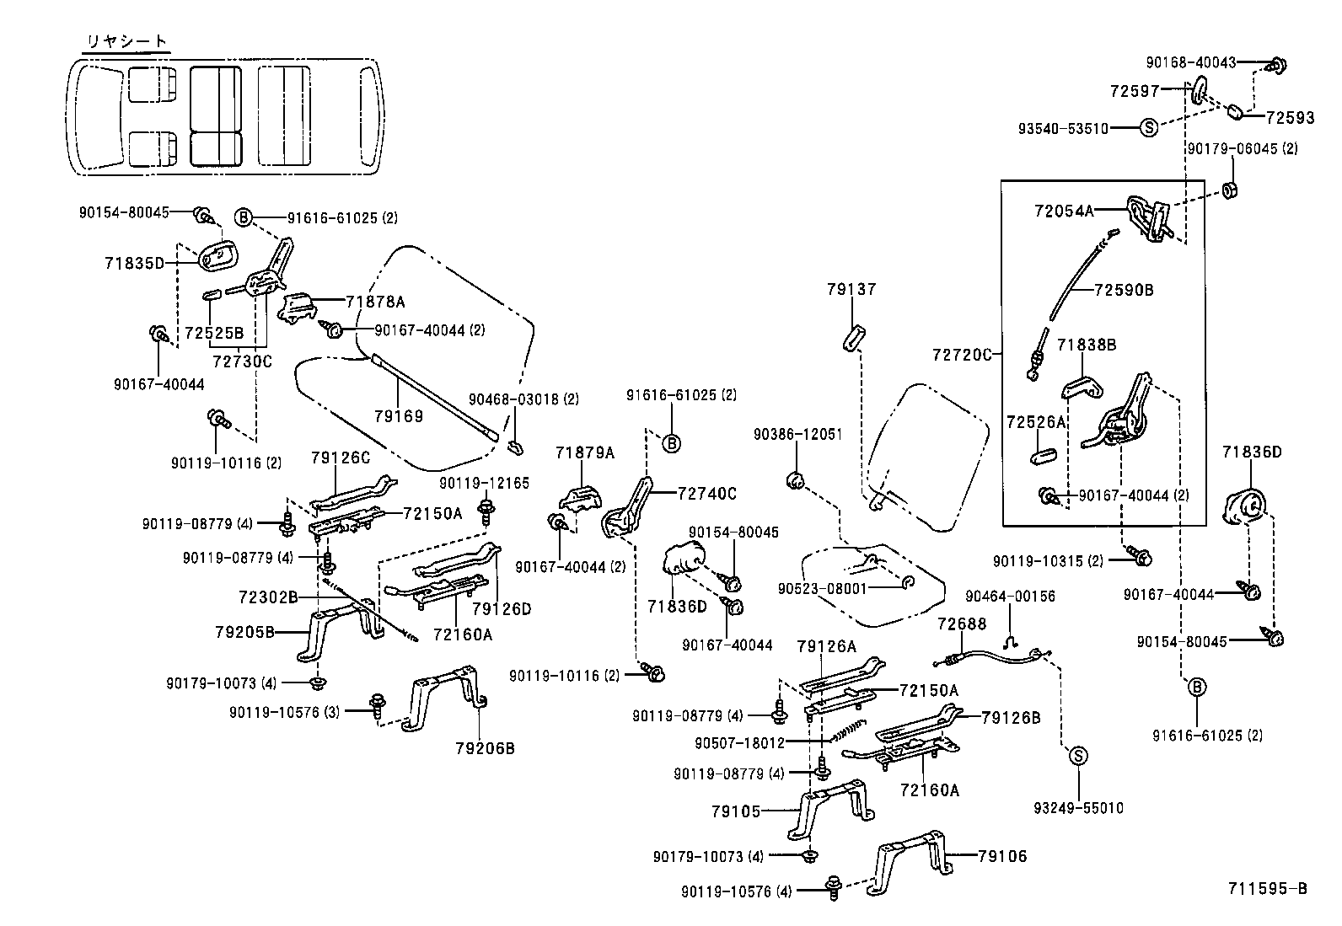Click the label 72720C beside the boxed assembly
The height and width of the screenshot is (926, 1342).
tap(962, 355)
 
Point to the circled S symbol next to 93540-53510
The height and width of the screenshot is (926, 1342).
tap(1147, 128)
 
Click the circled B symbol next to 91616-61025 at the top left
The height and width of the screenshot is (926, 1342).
tap(243, 217)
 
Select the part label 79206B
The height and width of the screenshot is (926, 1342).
tap(485, 747)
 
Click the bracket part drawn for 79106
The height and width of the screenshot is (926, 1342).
tap(911, 859)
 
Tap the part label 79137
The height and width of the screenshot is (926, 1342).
tap(851, 289)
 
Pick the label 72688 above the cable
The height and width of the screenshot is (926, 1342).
tap(961, 624)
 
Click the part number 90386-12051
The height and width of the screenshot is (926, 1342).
tap(797, 434)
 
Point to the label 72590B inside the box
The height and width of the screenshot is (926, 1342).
tap(1124, 290)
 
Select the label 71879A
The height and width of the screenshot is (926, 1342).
tap(585, 452)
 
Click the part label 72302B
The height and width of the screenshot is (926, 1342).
tap(268, 597)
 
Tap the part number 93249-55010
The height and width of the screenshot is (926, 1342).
tap(1078, 808)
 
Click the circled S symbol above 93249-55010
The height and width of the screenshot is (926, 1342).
tap(1078, 756)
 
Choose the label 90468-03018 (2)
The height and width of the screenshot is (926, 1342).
tap(523, 399)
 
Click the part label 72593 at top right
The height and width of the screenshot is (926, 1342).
tap(1290, 118)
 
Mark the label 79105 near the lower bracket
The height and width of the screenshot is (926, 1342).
tap(736, 811)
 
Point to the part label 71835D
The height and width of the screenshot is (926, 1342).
tap(134, 263)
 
